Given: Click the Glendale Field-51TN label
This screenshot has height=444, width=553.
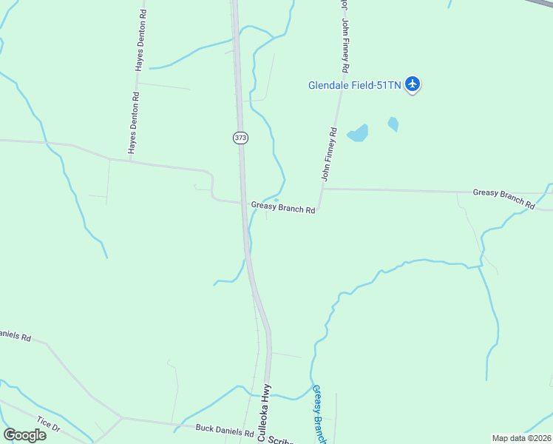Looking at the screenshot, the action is pyautogui.click(x=354, y=85).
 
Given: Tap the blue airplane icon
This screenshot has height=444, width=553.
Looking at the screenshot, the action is pyautogui.click(x=413, y=84).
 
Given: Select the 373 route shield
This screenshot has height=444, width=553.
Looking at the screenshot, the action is pyautogui.click(x=240, y=138).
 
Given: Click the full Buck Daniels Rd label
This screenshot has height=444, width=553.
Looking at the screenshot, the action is pyautogui.click(x=224, y=428).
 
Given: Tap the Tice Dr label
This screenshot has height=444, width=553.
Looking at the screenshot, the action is pyautogui.click(x=48, y=424).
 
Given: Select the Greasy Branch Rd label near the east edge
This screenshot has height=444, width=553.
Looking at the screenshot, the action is pyautogui.click(x=503, y=197).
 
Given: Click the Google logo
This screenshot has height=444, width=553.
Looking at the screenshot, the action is pyautogui.click(x=24, y=434).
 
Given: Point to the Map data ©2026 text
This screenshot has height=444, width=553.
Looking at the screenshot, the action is pyautogui.click(x=521, y=438).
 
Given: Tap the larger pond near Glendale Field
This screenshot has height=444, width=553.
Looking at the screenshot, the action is pyautogui.click(x=359, y=133).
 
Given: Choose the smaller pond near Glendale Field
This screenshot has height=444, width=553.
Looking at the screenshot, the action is pyautogui.click(x=393, y=124).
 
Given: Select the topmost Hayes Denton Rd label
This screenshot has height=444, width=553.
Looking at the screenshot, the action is pyautogui.click(x=140, y=41).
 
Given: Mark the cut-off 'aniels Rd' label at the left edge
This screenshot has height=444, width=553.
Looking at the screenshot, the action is pyautogui.click(x=15, y=336).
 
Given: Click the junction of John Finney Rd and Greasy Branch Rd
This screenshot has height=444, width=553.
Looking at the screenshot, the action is pyautogui.click(x=321, y=189).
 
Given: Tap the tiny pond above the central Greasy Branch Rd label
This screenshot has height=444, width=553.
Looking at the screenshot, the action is pyautogui.click(x=276, y=199).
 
